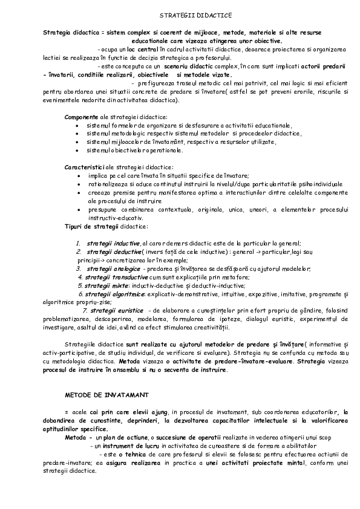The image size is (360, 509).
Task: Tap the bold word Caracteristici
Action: (85, 166)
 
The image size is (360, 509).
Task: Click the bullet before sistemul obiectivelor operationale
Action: (78, 150)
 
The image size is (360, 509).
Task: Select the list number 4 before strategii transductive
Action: (80, 276)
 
